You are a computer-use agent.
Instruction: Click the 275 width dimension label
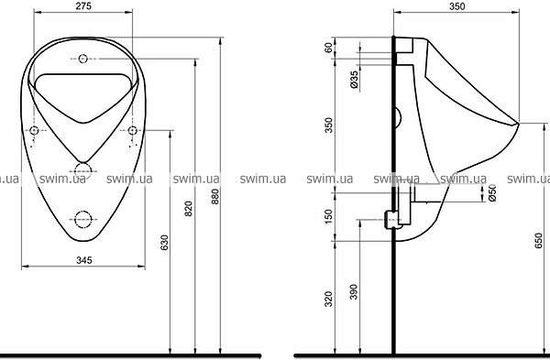coord(83,5)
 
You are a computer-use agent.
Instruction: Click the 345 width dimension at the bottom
coord(84,260)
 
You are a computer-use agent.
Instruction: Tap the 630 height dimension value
coord(164,243)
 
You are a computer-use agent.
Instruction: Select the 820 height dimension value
coord(189,209)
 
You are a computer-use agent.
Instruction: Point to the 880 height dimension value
coord(214,196)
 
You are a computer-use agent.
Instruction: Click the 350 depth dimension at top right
coord(457,6)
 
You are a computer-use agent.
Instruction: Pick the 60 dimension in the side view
coord(328,48)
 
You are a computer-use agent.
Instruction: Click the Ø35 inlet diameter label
coord(355,80)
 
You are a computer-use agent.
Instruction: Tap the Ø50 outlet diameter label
coord(492,192)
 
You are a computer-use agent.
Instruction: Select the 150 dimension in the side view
coord(328,216)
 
